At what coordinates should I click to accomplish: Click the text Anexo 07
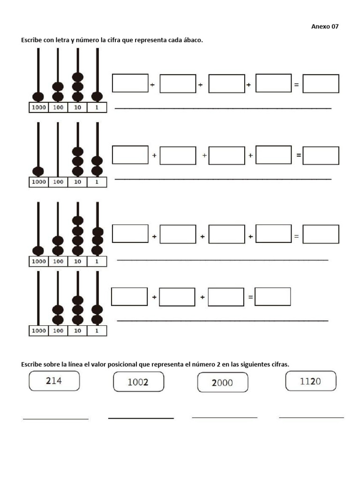tap(325, 27)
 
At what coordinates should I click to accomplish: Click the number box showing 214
tap(54, 381)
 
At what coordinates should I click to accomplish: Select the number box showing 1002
tap(138, 382)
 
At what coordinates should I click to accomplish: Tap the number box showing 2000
tap(222, 382)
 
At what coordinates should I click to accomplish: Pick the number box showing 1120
tap(310, 381)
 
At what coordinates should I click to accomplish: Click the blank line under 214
tap(56, 419)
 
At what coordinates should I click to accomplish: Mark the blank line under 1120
tap(311, 417)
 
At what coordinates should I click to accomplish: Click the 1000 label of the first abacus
tap(38, 108)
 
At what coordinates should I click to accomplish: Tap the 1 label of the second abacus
tap(97, 182)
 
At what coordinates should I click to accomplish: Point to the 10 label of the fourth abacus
tap(78, 331)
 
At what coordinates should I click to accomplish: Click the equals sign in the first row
tap(296, 85)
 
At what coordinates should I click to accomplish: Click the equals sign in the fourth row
tap(250, 297)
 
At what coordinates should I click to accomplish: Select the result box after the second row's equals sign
tap(321, 156)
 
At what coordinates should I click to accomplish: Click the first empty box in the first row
tap(130, 83)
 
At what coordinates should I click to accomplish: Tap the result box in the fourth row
tap(272, 296)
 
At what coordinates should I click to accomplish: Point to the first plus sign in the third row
tap(154, 237)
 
